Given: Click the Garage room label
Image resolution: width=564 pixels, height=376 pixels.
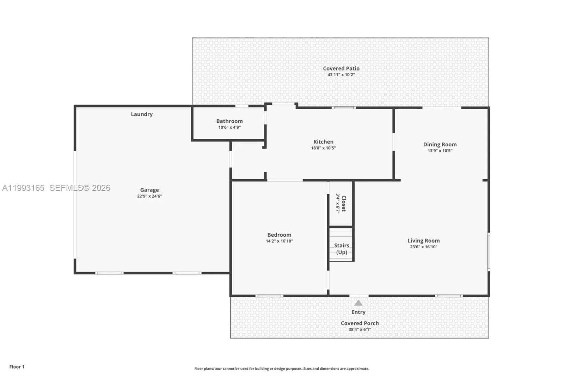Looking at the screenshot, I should click(149, 190).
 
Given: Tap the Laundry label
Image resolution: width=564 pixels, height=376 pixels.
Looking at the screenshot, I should click(142, 114).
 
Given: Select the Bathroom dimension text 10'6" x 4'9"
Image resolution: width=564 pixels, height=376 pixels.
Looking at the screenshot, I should click(229, 127).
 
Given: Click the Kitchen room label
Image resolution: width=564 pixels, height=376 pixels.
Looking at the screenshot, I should click(323, 142).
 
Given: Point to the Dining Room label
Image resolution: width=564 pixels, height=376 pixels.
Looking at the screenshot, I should click(440, 144).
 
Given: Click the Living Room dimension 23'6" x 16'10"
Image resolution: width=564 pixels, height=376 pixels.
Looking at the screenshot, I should click(423, 247).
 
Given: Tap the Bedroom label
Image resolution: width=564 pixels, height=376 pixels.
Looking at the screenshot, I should click(279, 235).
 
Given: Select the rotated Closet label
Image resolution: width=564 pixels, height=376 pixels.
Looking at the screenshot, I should click(344, 204).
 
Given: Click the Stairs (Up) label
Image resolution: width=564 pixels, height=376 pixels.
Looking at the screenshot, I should click(342, 249).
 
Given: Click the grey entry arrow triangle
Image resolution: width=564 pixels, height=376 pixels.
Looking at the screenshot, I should click(358, 303).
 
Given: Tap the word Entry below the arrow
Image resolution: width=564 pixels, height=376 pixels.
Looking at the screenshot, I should click(358, 312).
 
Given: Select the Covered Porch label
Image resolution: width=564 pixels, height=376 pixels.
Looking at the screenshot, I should click(360, 323).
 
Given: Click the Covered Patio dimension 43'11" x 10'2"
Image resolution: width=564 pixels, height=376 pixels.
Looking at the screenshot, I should click(341, 75).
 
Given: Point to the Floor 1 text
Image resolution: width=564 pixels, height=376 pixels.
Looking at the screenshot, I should click(17, 367).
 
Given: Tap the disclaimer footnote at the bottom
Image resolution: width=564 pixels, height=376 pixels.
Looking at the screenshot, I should click(282, 369).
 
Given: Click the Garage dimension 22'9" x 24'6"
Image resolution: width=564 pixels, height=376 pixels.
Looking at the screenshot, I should click(149, 196).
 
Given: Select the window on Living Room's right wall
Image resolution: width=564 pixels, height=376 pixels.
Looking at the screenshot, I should click(489, 251).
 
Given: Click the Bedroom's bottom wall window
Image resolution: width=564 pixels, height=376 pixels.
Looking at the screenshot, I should click(269, 296).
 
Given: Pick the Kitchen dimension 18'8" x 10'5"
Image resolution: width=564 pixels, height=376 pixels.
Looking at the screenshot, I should click(323, 148).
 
